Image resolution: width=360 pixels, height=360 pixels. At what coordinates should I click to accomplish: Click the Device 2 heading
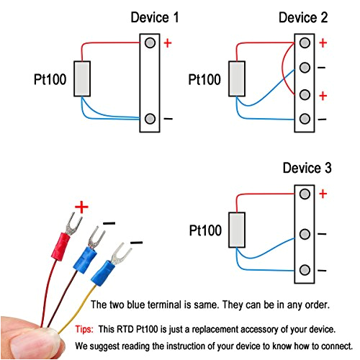pos(304,17)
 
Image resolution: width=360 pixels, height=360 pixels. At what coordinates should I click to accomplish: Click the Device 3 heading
pos(307,168)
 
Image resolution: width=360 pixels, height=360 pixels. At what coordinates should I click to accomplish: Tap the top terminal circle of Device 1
pos(150,43)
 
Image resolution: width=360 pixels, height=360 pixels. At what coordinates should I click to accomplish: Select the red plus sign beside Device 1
pos(168,43)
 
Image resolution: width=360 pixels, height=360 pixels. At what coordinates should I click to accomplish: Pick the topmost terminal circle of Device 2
pos(305,43)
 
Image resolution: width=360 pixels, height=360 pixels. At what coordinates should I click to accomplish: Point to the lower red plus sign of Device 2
pos(323,95)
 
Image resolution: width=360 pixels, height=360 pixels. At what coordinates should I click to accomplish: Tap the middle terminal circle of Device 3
pos(305,234)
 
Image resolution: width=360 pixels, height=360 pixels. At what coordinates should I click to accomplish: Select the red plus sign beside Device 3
pos(323,194)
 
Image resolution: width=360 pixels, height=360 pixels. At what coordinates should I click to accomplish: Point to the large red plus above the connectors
pos(81,208)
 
